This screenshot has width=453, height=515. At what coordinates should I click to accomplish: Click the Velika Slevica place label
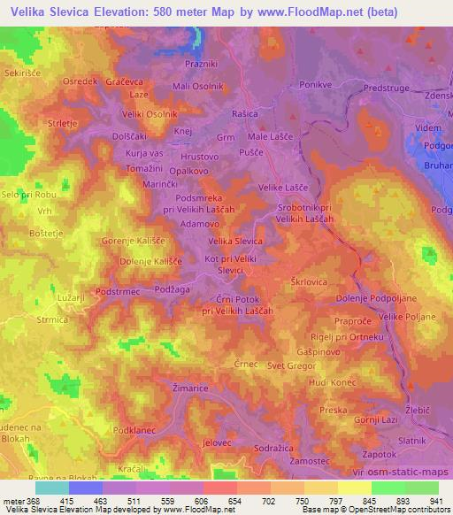click(x=234, y=241)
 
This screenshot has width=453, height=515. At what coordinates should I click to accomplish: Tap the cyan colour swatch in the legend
click(x=51, y=488)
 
